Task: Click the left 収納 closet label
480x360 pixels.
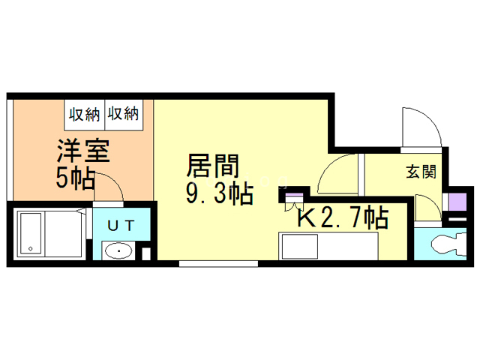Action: click(85, 115)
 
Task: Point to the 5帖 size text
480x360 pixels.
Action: click(75, 178)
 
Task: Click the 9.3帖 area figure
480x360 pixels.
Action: click(218, 194)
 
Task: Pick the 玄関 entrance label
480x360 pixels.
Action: click(421, 172)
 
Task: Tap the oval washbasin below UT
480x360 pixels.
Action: click(117, 250)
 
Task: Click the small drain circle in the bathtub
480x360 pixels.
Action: click(28, 249)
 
